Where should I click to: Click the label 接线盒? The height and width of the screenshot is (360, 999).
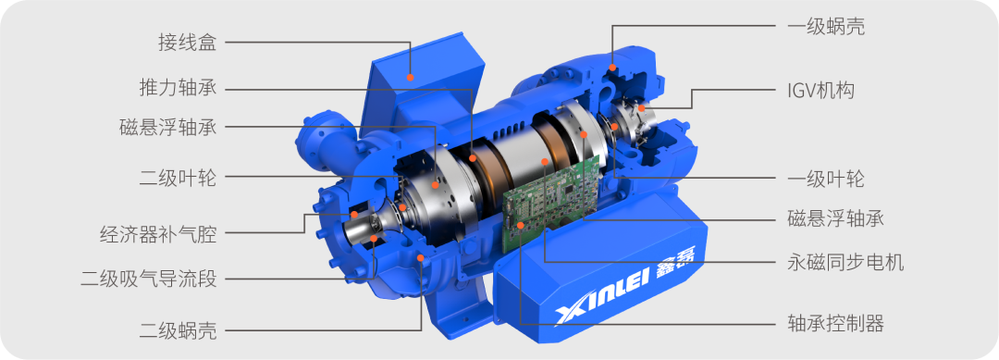tap(187, 43)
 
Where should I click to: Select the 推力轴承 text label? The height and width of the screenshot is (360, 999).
tap(178, 87)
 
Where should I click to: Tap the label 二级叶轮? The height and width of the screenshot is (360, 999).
tap(178, 179)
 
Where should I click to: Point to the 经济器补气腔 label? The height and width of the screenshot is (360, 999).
tap(159, 234)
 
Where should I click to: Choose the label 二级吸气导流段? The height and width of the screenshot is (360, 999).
tap(148, 279)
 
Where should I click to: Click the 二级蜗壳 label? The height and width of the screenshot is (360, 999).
tap(178, 330)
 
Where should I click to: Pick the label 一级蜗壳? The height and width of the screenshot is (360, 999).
tap(826, 27)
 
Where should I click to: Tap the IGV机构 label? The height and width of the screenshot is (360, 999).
tap(820, 91)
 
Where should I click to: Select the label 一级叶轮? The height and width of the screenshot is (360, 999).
tap(826, 179)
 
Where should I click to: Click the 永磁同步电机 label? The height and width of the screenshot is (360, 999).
tap(845, 262)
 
